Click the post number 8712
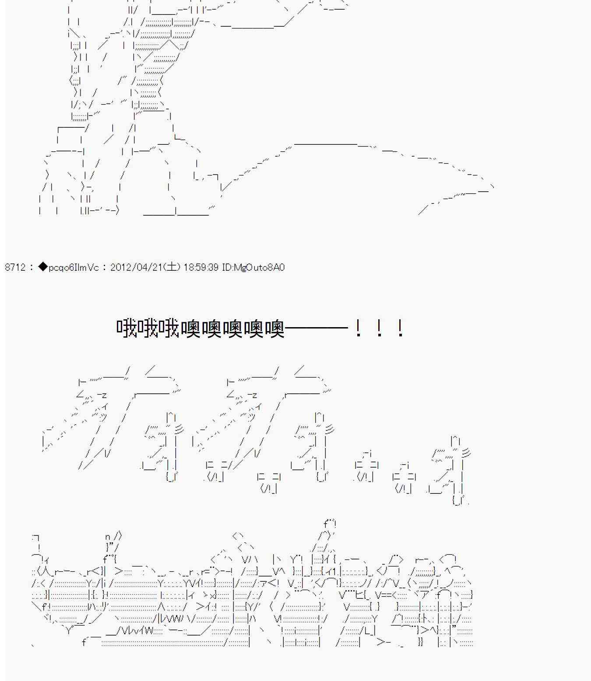(15, 267)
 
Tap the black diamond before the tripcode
(42, 267)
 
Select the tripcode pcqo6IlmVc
(74, 267)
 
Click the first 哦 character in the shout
(127, 328)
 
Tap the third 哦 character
(169, 328)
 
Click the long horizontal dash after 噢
(316, 328)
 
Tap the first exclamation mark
(358, 328)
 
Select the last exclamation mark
(400, 328)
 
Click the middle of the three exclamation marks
(379, 328)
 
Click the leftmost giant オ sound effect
(109, 416)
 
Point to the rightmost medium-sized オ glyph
(451, 468)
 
